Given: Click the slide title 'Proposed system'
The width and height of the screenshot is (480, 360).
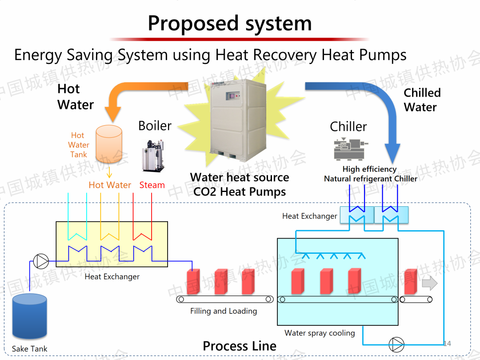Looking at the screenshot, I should click(x=230, y=23).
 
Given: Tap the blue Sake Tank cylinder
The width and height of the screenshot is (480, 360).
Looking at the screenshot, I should click(x=30, y=316).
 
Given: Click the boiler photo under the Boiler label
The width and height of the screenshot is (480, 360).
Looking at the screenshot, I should click(x=153, y=155).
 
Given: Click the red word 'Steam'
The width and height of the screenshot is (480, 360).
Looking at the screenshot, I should click(x=152, y=185).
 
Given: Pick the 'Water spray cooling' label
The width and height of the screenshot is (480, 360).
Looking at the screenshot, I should click(x=320, y=333).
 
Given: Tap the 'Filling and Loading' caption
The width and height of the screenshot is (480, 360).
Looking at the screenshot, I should click(x=224, y=311).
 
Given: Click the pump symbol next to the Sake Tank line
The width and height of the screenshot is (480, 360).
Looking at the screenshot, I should click(x=41, y=261).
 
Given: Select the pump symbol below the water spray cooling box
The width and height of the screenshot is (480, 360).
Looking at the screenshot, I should click(x=396, y=344).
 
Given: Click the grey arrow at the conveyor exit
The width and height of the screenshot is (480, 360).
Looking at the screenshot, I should click(x=429, y=283).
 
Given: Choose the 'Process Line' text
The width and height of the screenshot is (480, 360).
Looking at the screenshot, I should click(x=240, y=346).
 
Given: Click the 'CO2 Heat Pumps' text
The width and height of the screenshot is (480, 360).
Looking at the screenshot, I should click(x=240, y=192).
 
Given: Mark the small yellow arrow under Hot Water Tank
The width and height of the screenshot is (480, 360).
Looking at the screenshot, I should click(x=109, y=172).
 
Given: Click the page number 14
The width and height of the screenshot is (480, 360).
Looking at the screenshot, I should click(x=447, y=344).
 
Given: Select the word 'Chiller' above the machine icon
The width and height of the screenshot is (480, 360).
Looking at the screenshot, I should click(x=348, y=127).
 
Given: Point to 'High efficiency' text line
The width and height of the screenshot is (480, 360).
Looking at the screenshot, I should click(x=369, y=169).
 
